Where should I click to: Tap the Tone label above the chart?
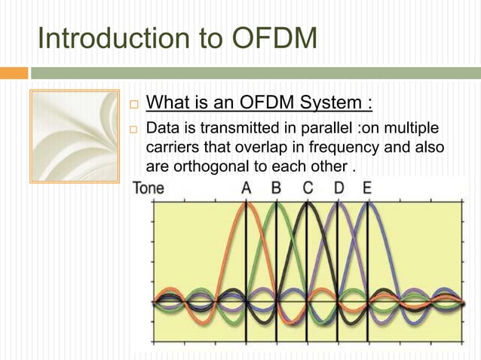(x=149, y=188)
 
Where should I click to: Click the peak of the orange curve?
(x=246, y=203)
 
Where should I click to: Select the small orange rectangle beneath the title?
(x=14, y=73)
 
